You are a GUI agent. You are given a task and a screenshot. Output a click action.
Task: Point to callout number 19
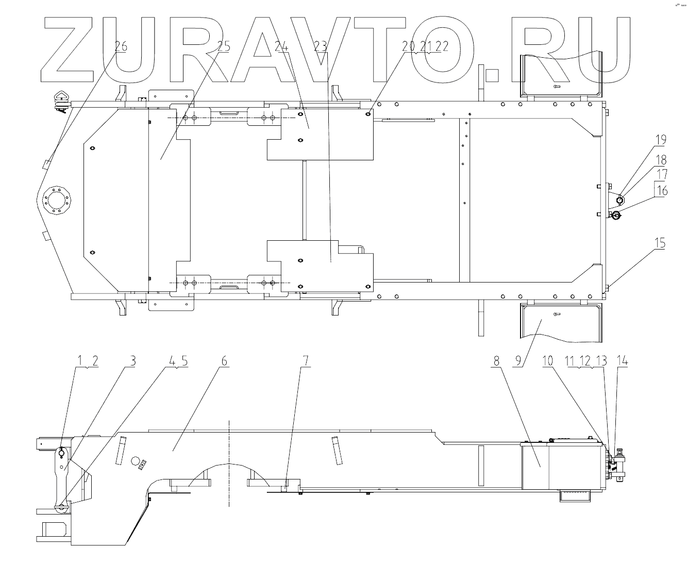point(661,140)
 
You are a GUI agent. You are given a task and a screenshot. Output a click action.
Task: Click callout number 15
point(660,243)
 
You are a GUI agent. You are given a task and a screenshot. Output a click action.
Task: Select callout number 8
point(496,361)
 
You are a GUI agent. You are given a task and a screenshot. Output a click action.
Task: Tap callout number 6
point(224,361)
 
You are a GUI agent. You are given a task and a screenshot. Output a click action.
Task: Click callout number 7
point(306,361)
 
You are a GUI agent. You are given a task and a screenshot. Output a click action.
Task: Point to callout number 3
point(132,361)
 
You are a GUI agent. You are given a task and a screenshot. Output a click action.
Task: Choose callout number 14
point(623,361)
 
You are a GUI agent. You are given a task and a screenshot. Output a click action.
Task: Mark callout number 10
point(547,361)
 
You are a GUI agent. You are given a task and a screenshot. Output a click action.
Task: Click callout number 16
point(662,191)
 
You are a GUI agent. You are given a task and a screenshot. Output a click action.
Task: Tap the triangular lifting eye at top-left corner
point(61,96)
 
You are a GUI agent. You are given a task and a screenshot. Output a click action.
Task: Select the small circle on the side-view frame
point(136,460)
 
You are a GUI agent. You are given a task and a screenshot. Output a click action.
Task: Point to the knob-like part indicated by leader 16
point(617,216)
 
